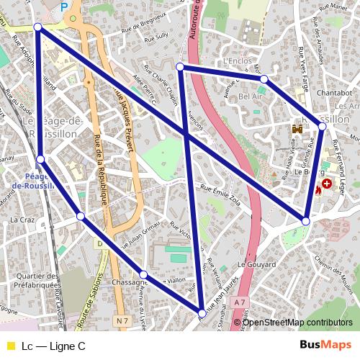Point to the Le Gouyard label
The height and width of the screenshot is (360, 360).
[257, 264]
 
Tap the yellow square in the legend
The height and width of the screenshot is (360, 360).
[10, 346]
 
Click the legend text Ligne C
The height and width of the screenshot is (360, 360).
[54, 346]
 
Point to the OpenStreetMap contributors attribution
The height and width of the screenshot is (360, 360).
[297, 322]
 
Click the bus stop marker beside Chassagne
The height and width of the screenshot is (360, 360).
[144, 274]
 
